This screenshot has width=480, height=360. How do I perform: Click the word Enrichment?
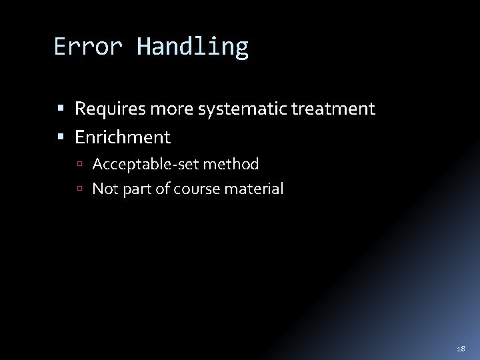123,138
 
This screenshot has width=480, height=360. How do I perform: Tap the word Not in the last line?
103,189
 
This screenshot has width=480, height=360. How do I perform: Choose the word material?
255,189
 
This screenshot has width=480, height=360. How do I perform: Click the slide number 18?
460,348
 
